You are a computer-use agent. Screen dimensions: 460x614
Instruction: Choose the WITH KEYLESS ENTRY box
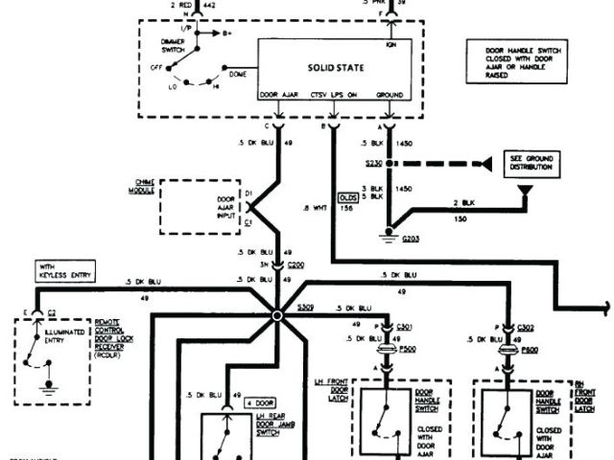[63, 268]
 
